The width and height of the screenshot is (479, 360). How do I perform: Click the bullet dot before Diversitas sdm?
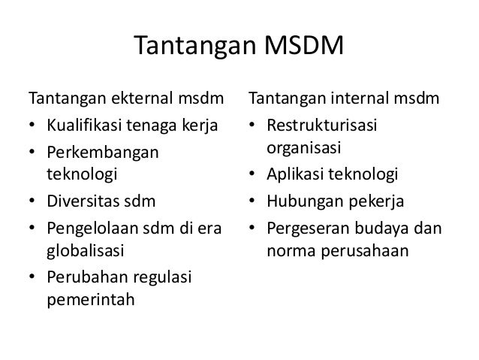point(33,202)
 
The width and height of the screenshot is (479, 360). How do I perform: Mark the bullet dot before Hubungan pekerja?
point(253,202)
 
